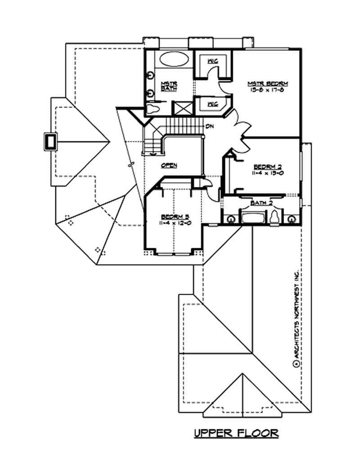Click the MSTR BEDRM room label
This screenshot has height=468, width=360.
[x=268, y=83]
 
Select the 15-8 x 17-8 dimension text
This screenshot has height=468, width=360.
[x=268, y=90]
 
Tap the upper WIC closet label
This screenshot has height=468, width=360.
[x=212, y=60]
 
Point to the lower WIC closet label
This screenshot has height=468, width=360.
[x=212, y=104]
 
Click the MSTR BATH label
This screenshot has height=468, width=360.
[x=169, y=86]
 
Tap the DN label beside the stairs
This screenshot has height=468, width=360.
[x=209, y=127]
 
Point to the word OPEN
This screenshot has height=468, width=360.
[x=169, y=166]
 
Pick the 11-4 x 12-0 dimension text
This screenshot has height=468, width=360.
[x=173, y=222]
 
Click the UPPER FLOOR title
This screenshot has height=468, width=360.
[x=236, y=433]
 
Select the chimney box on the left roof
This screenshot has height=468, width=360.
[x=49, y=141]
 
